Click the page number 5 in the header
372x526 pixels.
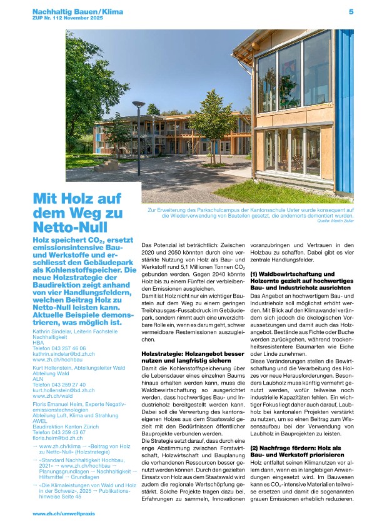pyautogui.click(x=351, y=11)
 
